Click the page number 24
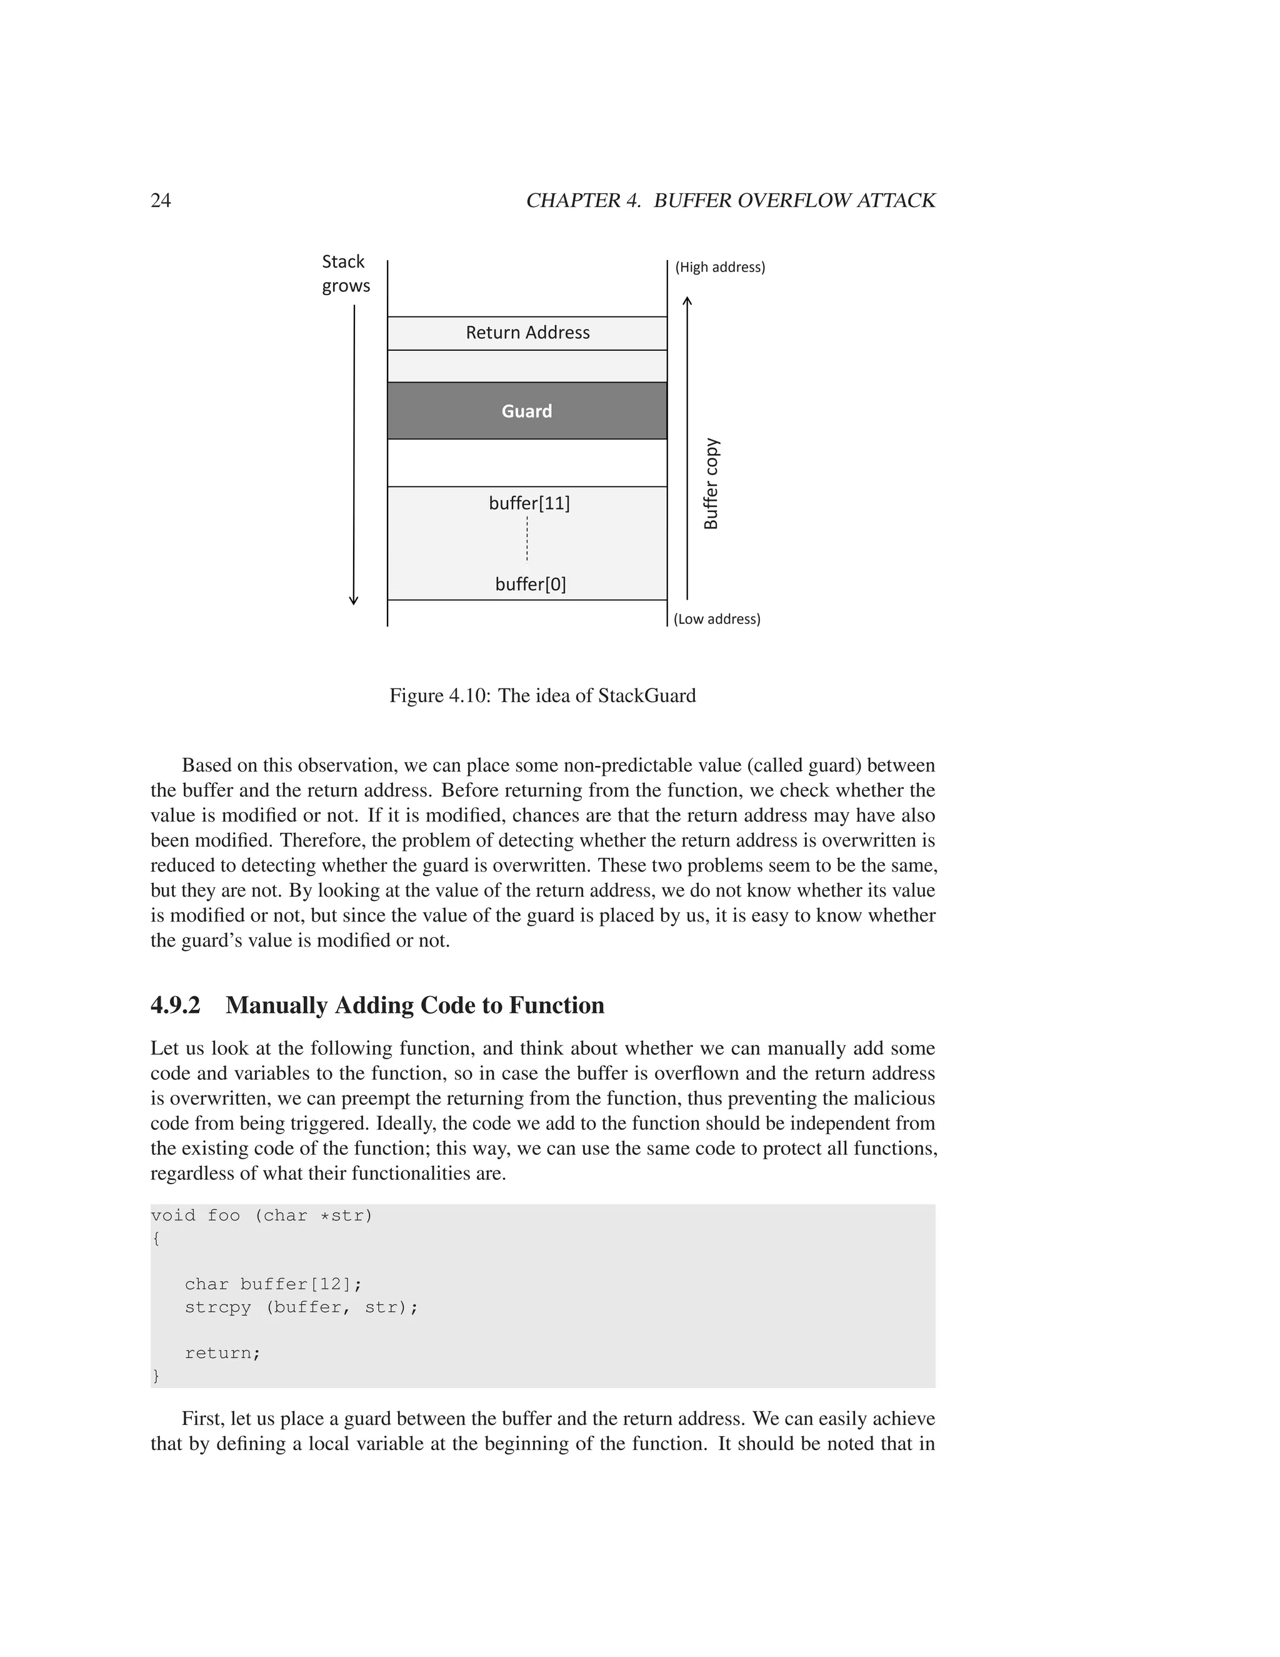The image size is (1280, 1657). (161, 200)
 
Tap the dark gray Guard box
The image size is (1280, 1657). (527, 410)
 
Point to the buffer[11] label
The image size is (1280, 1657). (529, 503)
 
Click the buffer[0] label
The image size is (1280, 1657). (530, 584)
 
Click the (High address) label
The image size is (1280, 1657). (719, 267)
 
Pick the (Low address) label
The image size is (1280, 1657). (717, 619)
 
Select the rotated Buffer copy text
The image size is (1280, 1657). (711, 484)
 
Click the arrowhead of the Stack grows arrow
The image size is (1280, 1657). (353, 601)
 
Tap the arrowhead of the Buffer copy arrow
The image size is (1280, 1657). (687, 300)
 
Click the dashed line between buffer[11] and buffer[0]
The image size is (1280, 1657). (527, 538)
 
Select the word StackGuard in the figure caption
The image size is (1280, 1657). (646, 696)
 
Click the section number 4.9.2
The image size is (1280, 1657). (175, 1005)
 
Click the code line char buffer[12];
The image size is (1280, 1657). (273, 1284)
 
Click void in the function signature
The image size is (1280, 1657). (173, 1216)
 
